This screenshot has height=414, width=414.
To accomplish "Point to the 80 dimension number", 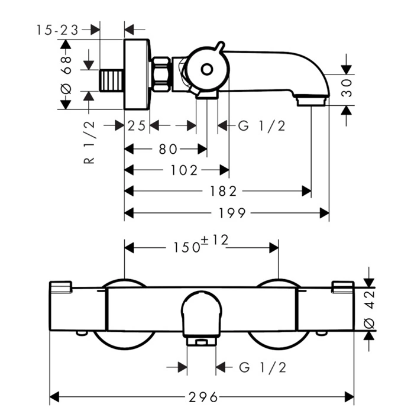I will pyautogui.click(x=167, y=149).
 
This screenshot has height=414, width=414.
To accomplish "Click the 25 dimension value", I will pyautogui.click(x=137, y=125).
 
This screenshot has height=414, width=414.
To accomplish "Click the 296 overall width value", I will pyautogui.click(x=202, y=396).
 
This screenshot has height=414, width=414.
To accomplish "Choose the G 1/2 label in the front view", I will pyautogui.click(x=263, y=368).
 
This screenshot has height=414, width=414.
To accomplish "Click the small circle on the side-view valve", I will pyautogui.click(x=206, y=70).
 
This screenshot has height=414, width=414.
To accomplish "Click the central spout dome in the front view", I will pyautogui.click(x=201, y=313).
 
